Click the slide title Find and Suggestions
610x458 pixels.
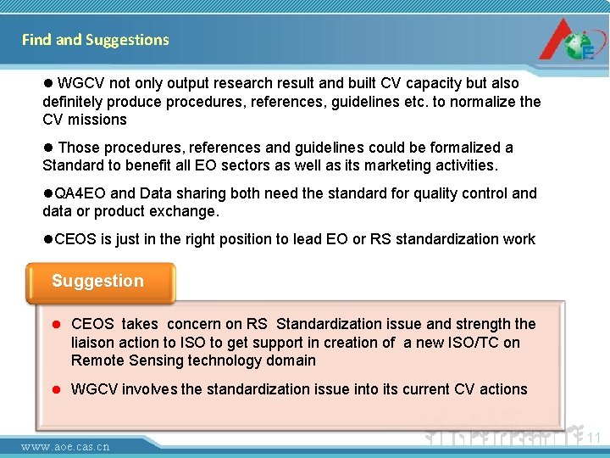click(x=95, y=40)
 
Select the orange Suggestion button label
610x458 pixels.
click(x=98, y=282)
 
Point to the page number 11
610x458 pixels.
click(x=593, y=438)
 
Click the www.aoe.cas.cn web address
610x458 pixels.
click(x=65, y=446)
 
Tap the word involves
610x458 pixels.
click(x=149, y=389)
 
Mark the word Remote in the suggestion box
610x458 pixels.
click(x=97, y=360)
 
